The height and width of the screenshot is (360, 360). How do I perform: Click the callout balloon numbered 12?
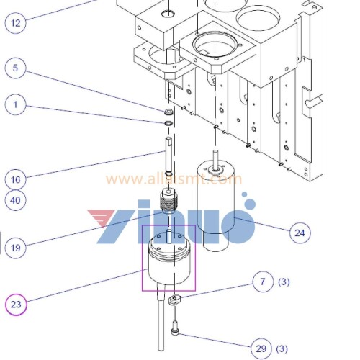click(17, 22)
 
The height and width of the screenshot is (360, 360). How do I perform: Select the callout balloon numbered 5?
click(17, 70)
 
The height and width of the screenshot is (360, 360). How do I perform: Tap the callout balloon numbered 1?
click(17, 104)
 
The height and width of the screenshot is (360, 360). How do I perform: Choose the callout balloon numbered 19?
click(17, 248)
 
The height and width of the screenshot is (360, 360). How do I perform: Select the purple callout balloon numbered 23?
click(17, 305)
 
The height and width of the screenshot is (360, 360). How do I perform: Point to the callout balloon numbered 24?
click(300, 232)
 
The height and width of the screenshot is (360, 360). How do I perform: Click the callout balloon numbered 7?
click(263, 282)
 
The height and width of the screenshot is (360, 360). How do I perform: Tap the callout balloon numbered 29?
click(262, 348)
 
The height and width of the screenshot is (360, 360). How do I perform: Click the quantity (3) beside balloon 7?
click(284, 282)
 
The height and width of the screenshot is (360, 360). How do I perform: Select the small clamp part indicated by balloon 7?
click(174, 300)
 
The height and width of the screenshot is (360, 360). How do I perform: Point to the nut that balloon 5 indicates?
click(168, 112)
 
